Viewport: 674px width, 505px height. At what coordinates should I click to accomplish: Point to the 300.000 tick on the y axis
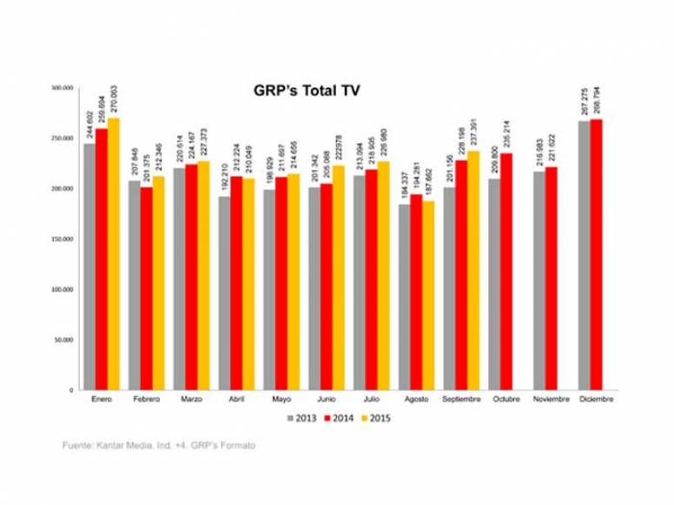pyautogui.click(x=63, y=89)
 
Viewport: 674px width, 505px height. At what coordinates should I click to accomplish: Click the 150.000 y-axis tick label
pyautogui.click(x=63, y=239)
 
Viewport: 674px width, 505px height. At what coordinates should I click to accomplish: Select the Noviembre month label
pyautogui.click(x=551, y=400)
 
